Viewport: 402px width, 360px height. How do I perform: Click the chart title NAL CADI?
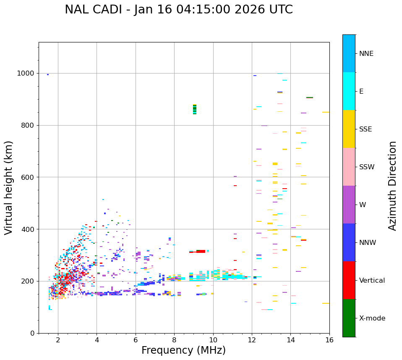click(x=179, y=10)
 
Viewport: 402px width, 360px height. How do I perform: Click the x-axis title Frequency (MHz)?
click(x=183, y=350)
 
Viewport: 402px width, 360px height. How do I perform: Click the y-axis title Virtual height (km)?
click(x=9, y=188)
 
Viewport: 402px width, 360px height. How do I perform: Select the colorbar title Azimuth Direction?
click(x=392, y=186)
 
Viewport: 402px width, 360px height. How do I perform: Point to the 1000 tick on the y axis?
click(x=26, y=74)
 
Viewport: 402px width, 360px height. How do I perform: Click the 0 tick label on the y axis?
click(x=32, y=333)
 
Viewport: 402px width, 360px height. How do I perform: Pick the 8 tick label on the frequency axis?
click(x=174, y=340)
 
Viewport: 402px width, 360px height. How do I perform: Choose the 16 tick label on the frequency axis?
click(x=329, y=340)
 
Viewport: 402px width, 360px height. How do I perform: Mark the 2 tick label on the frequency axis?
click(x=58, y=340)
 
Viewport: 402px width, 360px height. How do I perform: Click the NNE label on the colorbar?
click(x=366, y=54)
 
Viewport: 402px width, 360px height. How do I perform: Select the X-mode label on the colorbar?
click(x=372, y=318)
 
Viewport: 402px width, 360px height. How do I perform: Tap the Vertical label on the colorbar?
click(x=372, y=281)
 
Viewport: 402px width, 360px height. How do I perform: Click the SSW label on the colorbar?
click(x=367, y=167)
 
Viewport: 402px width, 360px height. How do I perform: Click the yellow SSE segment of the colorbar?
click(x=349, y=129)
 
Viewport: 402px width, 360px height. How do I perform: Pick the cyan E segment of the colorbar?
click(x=349, y=91)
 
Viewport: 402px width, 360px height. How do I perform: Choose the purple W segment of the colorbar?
click(x=349, y=205)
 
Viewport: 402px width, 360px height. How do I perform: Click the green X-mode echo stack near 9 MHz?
click(x=195, y=109)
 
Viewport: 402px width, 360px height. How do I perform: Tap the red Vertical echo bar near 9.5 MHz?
click(x=201, y=251)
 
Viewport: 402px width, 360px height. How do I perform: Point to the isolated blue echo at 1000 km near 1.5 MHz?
click(x=48, y=74)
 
